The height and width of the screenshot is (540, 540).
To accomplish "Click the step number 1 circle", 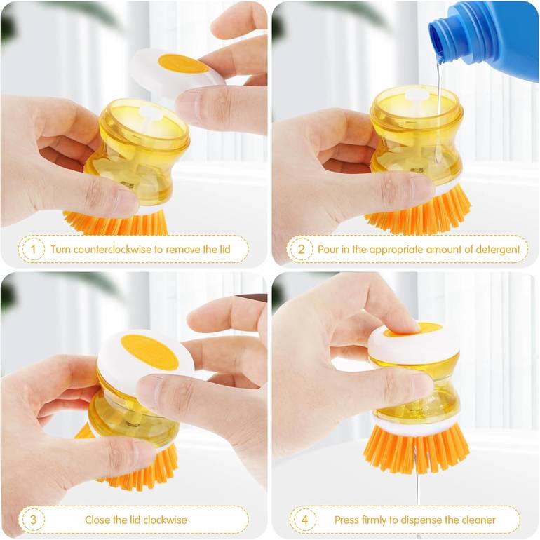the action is tap(33, 249).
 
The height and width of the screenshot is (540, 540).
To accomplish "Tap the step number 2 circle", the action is tap(301, 249).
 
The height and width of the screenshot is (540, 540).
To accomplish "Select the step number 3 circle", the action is tap(33, 520).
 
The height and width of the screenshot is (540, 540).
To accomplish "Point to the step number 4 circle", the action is tap(304, 520).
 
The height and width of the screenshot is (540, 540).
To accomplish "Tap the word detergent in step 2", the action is tap(498, 250).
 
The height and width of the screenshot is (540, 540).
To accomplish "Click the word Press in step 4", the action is tap(346, 520).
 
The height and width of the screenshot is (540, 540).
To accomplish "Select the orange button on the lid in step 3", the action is tap(150, 351).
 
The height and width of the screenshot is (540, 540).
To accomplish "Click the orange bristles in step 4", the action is tap(417, 450).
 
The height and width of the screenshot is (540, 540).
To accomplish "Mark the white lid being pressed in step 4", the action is tap(413, 344).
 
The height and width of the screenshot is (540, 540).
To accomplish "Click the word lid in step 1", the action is tap(225, 249).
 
